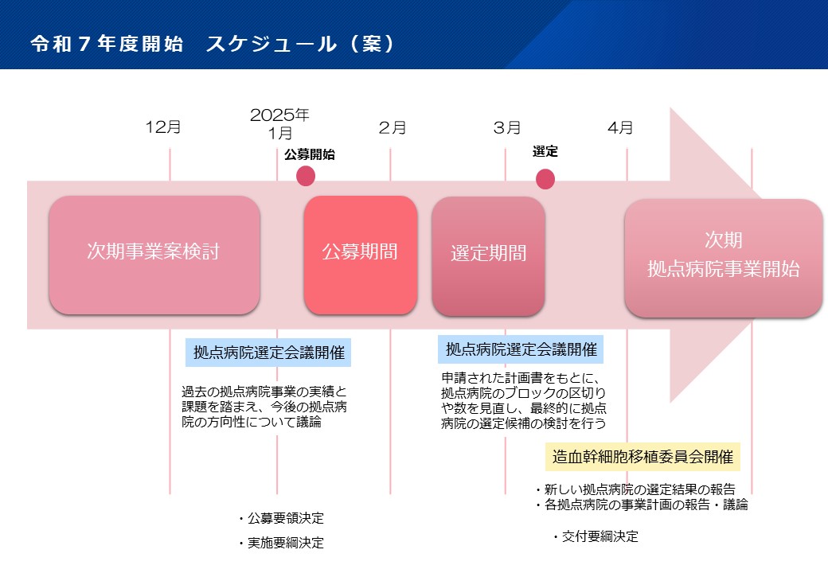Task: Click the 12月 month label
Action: pyautogui.click(x=163, y=127)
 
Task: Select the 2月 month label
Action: pyautogui.click(x=393, y=127)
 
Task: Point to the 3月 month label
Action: pyautogui.click(x=507, y=127)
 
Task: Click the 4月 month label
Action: pyautogui.click(x=620, y=127)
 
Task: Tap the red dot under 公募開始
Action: pyautogui.click(x=306, y=176)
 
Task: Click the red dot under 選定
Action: pyautogui.click(x=545, y=179)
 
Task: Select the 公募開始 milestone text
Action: pyautogui.click(x=310, y=154)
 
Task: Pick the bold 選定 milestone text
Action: pyautogui.click(x=545, y=151)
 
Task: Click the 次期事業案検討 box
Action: pyautogui.click(x=154, y=255)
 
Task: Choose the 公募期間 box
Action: pyautogui.click(x=361, y=255)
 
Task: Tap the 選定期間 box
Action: pyautogui.click(x=489, y=256)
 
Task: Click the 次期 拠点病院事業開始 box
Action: pyautogui.click(x=724, y=258)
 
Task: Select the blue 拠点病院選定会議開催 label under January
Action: pyautogui.click(x=268, y=353)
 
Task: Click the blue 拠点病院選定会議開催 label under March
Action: pyautogui.click(x=521, y=349)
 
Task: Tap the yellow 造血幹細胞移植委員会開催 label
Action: pyautogui.click(x=642, y=456)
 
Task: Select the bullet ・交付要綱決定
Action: pyautogui.click(x=595, y=536)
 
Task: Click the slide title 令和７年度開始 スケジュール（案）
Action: pyautogui.click(x=213, y=43)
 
